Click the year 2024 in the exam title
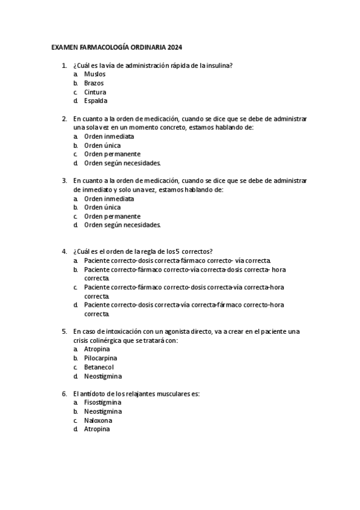click(x=175, y=47)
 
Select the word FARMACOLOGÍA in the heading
click(x=105, y=47)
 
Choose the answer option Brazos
click(x=94, y=83)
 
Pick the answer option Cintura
click(x=95, y=92)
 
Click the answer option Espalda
click(x=96, y=101)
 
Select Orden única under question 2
click(x=102, y=146)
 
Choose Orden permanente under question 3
click(x=112, y=216)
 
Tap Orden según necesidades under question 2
click(x=122, y=163)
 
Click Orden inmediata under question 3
click(x=109, y=198)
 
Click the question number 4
click(x=64, y=251)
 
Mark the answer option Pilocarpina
click(x=100, y=358)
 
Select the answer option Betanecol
click(x=99, y=367)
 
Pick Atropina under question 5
click(x=97, y=349)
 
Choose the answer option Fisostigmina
click(x=102, y=402)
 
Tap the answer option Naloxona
click(x=98, y=420)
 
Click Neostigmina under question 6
click(x=102, y=411)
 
